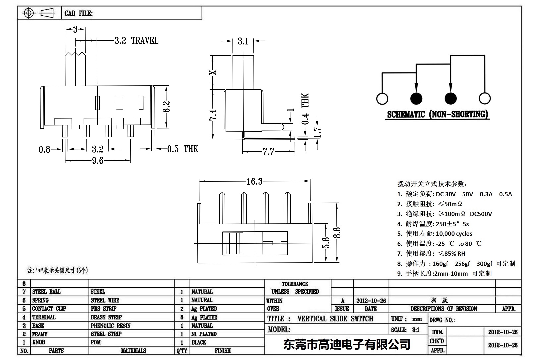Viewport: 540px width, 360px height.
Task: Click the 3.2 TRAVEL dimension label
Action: [x=136, y=41]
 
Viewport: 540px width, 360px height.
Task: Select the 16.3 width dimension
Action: [x=254, y=181]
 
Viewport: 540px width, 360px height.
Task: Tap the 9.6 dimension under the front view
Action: [x=97, y=161]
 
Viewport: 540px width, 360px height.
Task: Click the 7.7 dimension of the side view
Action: [x=268, y=152]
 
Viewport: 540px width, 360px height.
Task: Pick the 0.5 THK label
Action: [x=183, y=149]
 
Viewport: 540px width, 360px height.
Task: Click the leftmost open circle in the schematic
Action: [x=382, y=99]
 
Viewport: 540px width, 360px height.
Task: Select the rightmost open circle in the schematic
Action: [x=485, y=98]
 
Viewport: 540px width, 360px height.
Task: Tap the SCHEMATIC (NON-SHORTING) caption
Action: [x=438, y=115]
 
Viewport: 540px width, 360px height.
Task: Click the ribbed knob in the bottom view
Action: [x=233, y=243]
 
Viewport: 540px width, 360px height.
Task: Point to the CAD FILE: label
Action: [x=79, y=14]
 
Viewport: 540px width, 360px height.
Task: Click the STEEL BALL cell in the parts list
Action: [x=46, y=292]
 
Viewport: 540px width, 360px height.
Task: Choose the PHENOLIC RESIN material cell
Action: [x=111, y=326]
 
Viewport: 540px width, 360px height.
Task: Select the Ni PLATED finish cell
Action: [x=204, y=334]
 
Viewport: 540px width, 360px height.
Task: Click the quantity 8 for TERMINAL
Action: [x=182, y=317]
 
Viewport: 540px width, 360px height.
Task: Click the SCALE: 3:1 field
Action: [x=405, y=330]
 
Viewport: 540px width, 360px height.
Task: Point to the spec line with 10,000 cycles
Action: [x=435, y=234]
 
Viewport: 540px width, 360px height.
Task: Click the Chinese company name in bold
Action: [x=347, y=345]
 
